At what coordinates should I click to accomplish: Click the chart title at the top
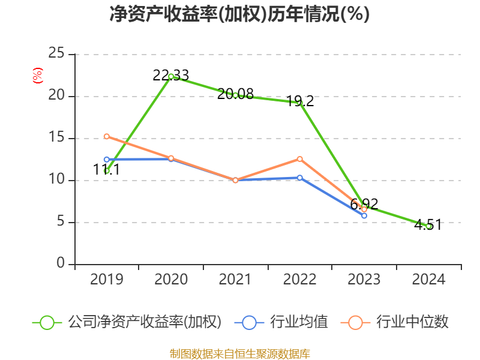[x=239, y=14]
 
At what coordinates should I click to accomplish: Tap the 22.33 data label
[x=171, y=76]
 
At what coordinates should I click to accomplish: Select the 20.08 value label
[x=235, y=94]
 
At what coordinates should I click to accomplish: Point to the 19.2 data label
[x=300, y=101]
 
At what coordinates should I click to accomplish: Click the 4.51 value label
[x=428, y=224]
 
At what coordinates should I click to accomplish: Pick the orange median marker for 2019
[x=107, y=136]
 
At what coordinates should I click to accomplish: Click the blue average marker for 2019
[x=107, y=160]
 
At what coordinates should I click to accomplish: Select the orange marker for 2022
[x=299, y=159]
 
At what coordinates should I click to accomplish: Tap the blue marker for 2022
[x=299, y=178]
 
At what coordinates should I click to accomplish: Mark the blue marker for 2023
[x=364, y=215]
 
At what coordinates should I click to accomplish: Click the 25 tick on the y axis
[x=56, y=53]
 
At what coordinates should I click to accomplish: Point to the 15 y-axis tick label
[x=56, y=137]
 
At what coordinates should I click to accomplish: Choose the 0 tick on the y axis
[x=61, y=263]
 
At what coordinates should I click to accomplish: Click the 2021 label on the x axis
[x=235, y=280]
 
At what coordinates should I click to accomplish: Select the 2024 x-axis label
[x=428, y=280]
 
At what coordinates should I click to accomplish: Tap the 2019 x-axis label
[x=107, y=280]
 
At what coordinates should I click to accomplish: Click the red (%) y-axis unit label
[x=38, y=76]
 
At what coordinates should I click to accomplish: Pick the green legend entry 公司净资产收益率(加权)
[x=127, y=322]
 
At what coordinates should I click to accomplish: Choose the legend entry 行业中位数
[x=394, y=322]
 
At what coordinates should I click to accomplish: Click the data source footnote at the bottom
[x=239, y=354]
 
